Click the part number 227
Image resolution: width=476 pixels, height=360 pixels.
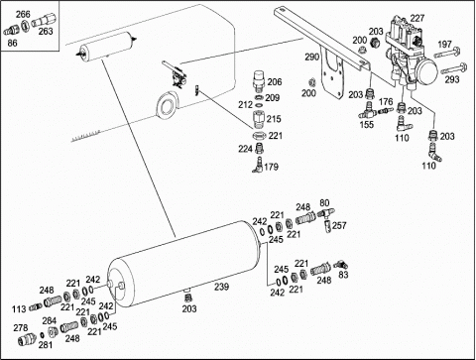pos(416,18)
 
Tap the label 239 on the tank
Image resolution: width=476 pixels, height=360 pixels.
pos(221,287)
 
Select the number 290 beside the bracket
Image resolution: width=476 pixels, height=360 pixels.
pos(312,57)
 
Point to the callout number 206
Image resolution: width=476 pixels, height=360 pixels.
pos(275,81)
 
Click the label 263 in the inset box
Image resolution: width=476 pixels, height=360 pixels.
pos(46,31)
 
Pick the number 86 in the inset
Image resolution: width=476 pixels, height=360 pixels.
pos(12,43)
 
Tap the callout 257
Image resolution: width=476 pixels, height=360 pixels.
pos(339,225)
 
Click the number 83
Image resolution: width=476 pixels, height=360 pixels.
pos(343,275)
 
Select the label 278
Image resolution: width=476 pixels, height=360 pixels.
pos(21,327)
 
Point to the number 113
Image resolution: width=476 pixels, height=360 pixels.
pos(19,309)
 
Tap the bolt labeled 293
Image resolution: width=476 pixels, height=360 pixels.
pos(453,68)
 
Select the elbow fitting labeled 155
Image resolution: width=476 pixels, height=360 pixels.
pos(367,111)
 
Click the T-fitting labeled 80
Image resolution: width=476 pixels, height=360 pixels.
pos(326,213)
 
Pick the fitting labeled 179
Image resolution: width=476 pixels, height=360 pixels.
pos(257,165)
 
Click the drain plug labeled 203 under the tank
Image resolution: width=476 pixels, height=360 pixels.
pos(187,296)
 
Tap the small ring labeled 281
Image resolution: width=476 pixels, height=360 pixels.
pos(42,335)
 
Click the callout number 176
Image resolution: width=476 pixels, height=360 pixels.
pos(386,101)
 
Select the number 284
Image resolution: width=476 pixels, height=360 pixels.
pos(50,320)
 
